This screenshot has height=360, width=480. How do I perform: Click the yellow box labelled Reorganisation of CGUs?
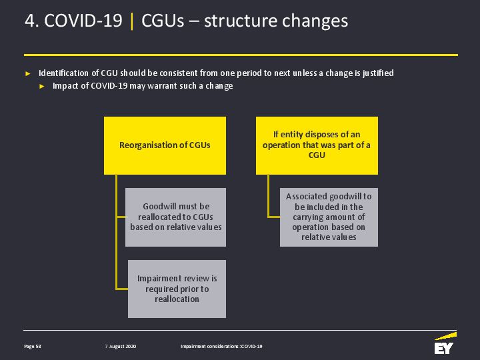[165, 145]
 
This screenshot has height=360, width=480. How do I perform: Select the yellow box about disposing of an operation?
[317, 145]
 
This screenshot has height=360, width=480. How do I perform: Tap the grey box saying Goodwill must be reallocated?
[176, 217]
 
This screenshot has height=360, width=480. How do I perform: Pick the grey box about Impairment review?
[177, 289]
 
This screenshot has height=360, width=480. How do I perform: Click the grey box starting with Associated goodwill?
[329, 217]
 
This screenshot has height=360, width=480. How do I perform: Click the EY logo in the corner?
[445, 343]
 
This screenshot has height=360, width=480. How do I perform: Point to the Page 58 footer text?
[33, 346]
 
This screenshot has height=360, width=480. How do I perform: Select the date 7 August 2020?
[120, 346]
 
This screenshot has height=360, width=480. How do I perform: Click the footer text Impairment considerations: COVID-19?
[221, 346]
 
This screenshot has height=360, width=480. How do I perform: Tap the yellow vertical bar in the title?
[132, 21]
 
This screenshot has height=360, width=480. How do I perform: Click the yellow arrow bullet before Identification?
[28, 73]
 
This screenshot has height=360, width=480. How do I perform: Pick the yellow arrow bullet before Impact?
[42, 86]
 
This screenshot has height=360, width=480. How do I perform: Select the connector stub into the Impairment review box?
[122, 289]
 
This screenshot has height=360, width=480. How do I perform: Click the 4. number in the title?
[32, 21]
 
